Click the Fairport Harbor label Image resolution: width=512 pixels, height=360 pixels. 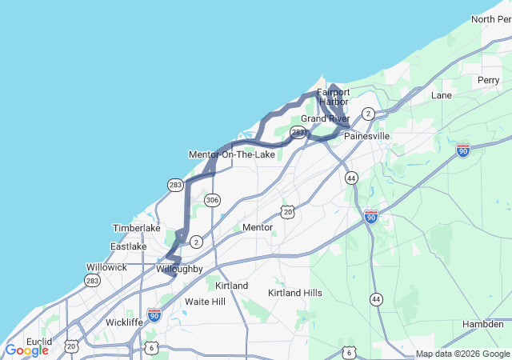pyautogui.click(x=333, y=97)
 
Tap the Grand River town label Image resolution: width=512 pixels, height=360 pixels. pyautogui.click(x=324, y=118)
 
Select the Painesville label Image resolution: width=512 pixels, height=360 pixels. pyautogui.click(x=366, y=136)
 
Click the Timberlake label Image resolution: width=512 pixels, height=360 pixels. pyautogui.click(x=136, y=228)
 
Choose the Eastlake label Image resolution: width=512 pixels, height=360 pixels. pyautogui.click(x=128, y=246)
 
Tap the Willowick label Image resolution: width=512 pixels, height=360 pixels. pyautogui.click(x=106, y=267)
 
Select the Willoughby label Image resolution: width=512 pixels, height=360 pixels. pyautogui.click(x=180, y=269)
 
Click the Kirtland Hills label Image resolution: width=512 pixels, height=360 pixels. pyautogui.click(x=295, y=293)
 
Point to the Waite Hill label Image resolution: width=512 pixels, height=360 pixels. pyautogui.click(x=206, y=302)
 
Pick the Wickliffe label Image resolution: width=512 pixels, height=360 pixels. pyautogui.click(x=125, y=322)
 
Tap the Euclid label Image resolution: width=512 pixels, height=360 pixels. pyautogui.click(x=38, y=342)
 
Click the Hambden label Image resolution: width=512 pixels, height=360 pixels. pyautogui.click(x=483, y=323)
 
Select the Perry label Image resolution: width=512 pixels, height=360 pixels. pyautogui.click(x=488, y=80)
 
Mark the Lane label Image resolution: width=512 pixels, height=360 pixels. pyautogui.click(x=442, y=95)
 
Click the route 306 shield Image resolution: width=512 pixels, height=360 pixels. pyautogui.click(x=212, y=199)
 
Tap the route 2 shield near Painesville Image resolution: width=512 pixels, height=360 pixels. pyautogui.click(x=368, y=114)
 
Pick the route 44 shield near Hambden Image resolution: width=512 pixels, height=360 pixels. pyautogui.click(x=376, y=299)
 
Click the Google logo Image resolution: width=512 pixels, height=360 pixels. pyautogui.click(x=26, y=350)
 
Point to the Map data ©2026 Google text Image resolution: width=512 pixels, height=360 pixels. pyautogui.click(x=462, y=354)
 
